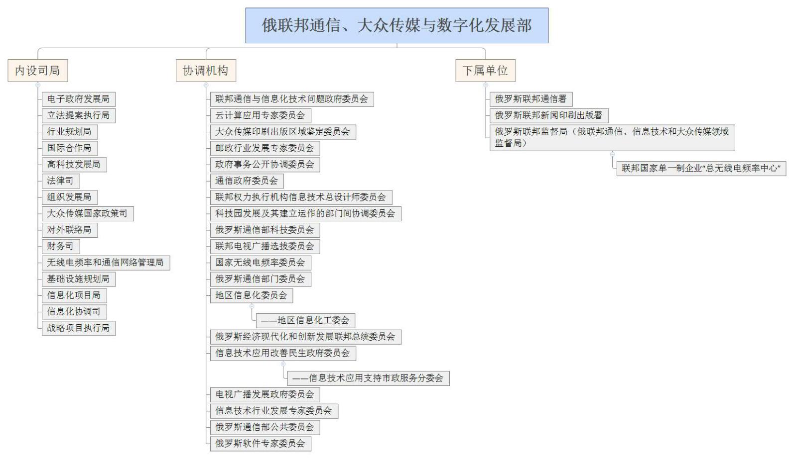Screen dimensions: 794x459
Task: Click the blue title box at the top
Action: point(397,25)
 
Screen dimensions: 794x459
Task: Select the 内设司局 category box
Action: point(37,71)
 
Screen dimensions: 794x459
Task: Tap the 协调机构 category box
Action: point(206,71)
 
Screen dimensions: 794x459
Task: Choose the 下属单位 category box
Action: point(485,71)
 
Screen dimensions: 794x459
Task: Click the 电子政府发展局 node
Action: point(79,99)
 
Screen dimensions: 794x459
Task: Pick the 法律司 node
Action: point(61,181)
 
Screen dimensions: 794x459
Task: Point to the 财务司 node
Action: point(61,246)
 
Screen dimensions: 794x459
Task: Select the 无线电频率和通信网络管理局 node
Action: point(106,263)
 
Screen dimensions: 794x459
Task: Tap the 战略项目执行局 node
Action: point(79,328)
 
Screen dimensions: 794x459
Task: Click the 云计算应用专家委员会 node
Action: point(261,115)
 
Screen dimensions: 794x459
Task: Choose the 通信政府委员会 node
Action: point(247,181)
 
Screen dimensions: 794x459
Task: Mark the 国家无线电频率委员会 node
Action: point(261,263)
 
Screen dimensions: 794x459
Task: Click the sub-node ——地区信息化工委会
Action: point(305,321)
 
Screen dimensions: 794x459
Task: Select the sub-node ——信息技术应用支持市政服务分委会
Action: point(368,378)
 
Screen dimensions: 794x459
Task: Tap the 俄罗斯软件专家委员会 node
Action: point(261,444)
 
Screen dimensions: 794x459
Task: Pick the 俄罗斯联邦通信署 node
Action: point(531,99)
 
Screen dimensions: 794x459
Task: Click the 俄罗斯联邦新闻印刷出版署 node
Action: point(549,115)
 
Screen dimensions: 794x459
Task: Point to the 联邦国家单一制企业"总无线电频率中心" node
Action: point(701,169)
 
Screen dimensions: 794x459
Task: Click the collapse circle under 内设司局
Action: point(38,85)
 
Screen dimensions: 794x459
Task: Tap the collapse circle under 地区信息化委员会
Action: point(252,306)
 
